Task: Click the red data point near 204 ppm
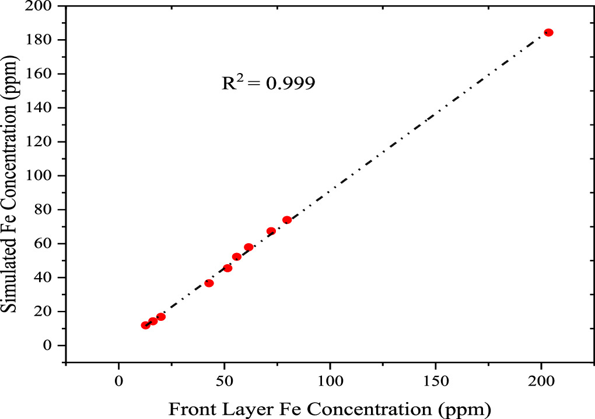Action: click(x=548, y=33)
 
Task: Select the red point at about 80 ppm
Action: click(x=287, y=220)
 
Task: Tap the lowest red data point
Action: click(x=145, y=325)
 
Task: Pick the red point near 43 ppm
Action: click(x=209, y=283)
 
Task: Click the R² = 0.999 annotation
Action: click(x=268, y=83)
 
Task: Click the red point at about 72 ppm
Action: click(x=271, y=231)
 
